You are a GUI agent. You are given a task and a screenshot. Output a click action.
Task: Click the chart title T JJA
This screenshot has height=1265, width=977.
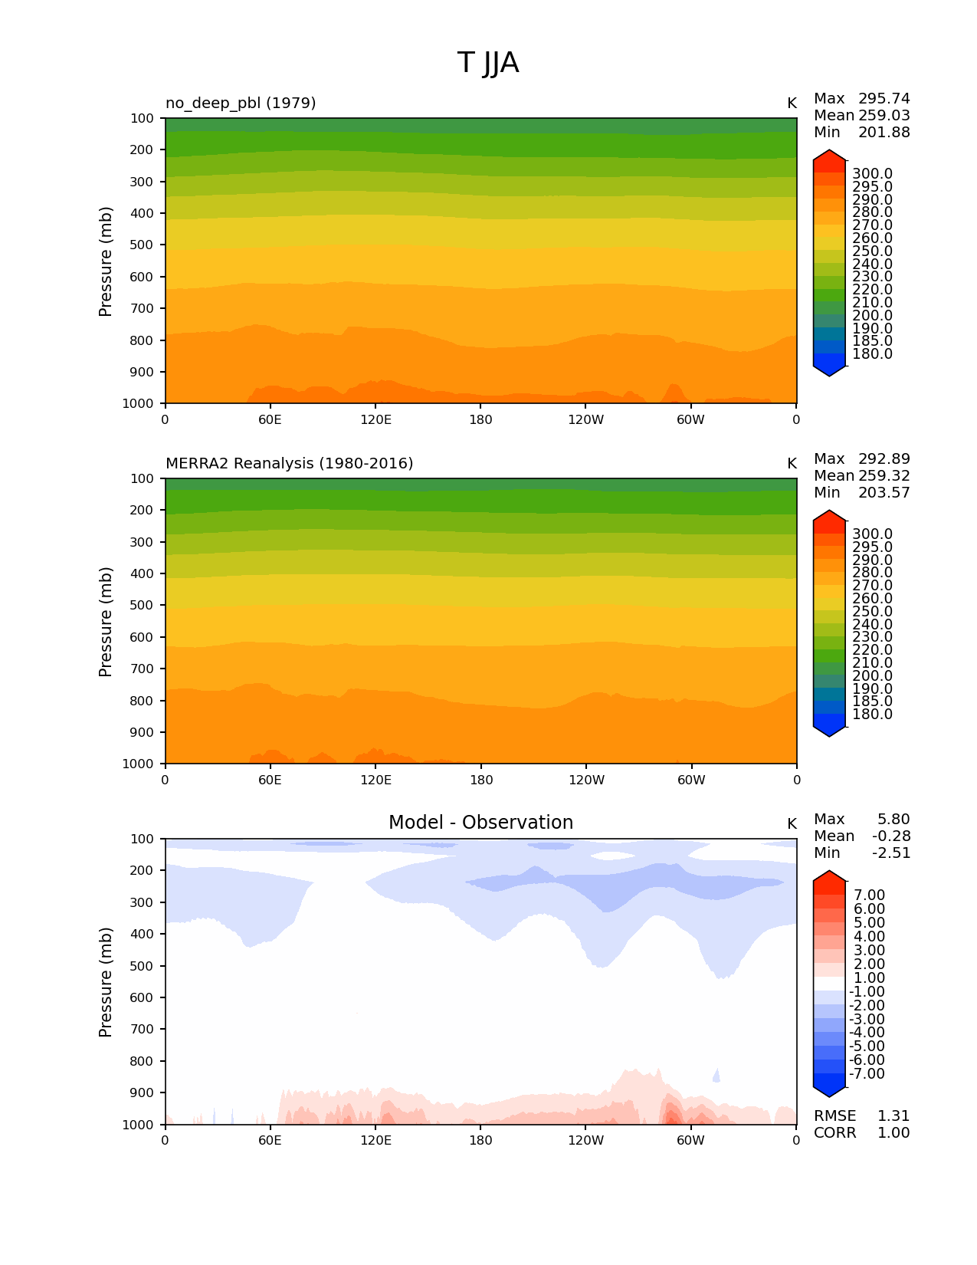[x=488, y=63]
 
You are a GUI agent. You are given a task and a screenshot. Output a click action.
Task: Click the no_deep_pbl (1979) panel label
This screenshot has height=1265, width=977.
[x=241, y=103]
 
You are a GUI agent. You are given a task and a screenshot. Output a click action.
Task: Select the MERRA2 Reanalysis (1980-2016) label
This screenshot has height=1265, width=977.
[x=289, y=463]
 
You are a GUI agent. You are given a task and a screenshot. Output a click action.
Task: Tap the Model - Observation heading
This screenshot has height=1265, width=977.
[x=480, y=823]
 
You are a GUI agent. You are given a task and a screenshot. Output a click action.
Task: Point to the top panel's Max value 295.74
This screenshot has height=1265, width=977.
[x=884, y=99]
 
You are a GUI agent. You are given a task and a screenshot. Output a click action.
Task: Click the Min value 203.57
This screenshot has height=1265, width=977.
[x=884, y=493]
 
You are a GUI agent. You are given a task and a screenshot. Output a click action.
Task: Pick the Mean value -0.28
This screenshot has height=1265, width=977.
[x=891, y=836]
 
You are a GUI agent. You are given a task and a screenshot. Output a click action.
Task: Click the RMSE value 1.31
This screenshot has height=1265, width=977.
[x=893, y=1116]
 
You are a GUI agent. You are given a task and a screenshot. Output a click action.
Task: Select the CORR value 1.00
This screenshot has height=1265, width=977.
[x=893, y=1133]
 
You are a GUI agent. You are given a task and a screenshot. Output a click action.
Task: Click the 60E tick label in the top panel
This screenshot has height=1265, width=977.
[x=270, y=420]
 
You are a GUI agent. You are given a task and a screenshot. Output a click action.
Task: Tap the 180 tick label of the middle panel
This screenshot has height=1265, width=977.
[x=480, y=780]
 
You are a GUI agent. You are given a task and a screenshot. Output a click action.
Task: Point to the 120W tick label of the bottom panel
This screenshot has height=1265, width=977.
[x=586, y=1141]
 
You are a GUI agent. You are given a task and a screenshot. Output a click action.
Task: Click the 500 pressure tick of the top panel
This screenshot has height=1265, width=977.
[x=141, y=245]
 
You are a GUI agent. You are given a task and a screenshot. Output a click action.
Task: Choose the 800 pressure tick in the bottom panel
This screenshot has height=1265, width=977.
[x=141, y=1062]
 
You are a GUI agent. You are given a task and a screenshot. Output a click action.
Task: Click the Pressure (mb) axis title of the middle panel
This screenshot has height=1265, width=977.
[x=106, y=622]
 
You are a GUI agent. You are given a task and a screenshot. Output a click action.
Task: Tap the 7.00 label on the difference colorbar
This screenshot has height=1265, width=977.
[x=869, y=895]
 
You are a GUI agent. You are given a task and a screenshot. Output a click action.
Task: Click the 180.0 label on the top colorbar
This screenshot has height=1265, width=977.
[x=872, y=354]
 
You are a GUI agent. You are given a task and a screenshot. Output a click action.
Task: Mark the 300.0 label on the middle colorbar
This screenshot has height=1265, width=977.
[x=872, y=534]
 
